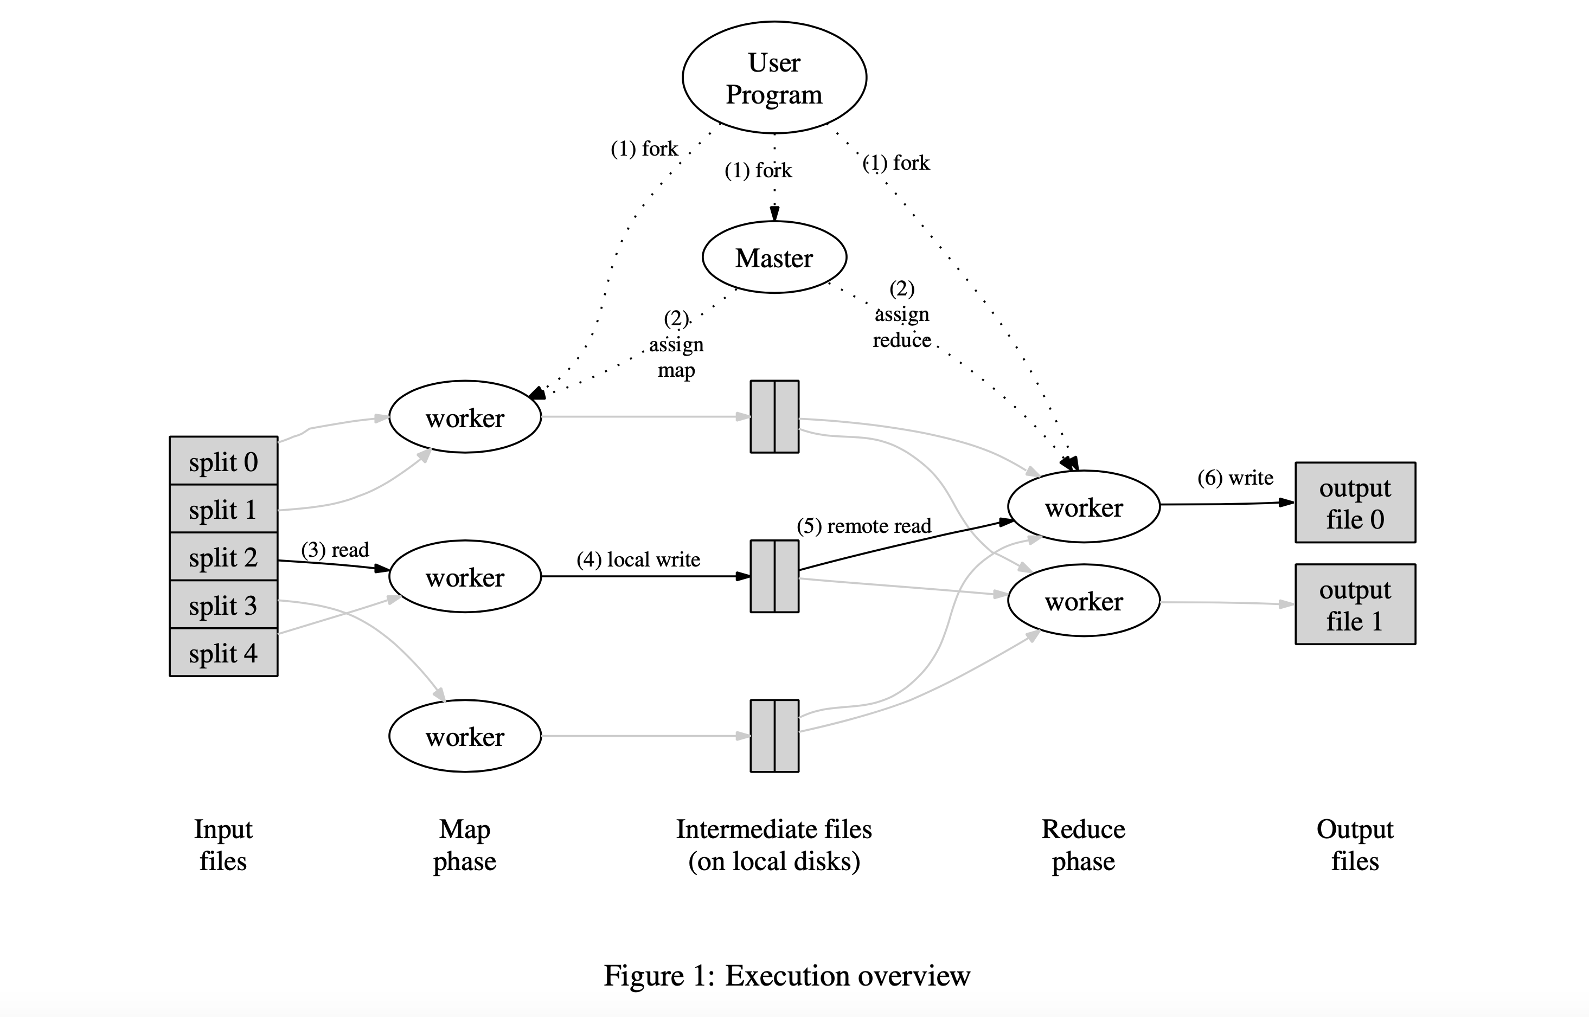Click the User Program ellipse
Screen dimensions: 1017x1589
pos(774,78)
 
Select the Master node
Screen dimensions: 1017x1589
pos(774,258)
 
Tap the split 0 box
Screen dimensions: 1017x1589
pos(223,462)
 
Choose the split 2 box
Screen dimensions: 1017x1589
pos(223,557)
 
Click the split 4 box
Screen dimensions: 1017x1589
pos(223,653)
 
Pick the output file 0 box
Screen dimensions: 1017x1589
pos(1355,503)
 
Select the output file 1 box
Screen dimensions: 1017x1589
pos(1355,604)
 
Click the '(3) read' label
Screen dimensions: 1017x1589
pos(335,550)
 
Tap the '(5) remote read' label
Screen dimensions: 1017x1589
pos(864,526)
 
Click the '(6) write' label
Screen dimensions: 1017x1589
pos(1235,478)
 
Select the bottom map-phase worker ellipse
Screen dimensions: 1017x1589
pos(465,736)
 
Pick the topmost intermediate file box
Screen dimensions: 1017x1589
pos(774,417)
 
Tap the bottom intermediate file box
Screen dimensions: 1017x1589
pos(774,736)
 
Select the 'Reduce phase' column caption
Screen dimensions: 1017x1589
pos(1083,845)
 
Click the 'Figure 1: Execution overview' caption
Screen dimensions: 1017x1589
pos(786,975)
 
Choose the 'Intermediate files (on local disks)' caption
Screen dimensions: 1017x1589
pos(774,845)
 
